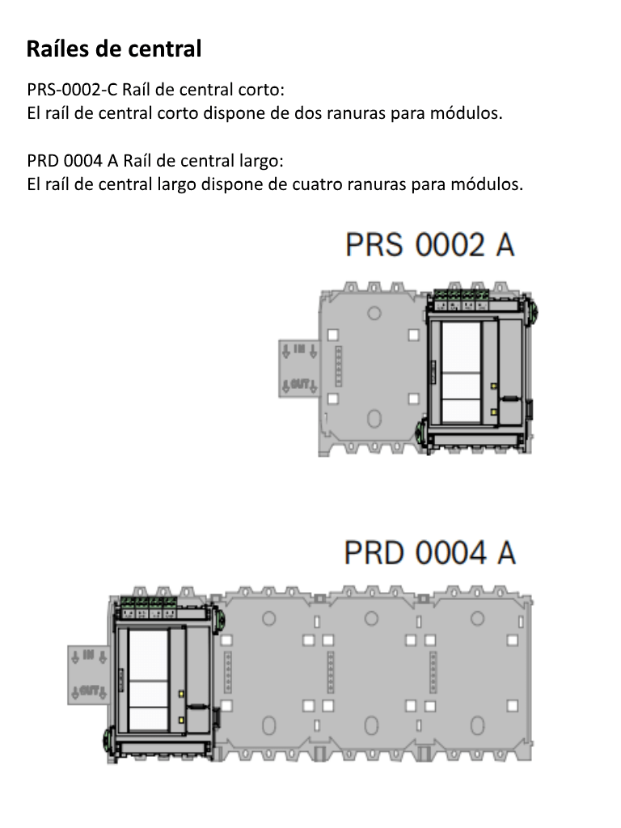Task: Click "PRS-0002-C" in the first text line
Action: tap(71, 88)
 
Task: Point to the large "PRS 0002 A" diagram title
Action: tap(429, 245)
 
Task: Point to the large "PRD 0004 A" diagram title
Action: tap(429, 554)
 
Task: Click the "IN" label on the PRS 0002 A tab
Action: tap(298, 349)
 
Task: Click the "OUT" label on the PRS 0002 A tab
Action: tap(298, 385)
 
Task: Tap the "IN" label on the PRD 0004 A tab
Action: tap(88, 654)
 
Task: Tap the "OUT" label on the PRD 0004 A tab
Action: tap(88, 691)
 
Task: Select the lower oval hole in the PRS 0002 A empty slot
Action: tap(374, 418)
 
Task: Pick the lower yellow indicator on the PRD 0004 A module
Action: tap(180, 719)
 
